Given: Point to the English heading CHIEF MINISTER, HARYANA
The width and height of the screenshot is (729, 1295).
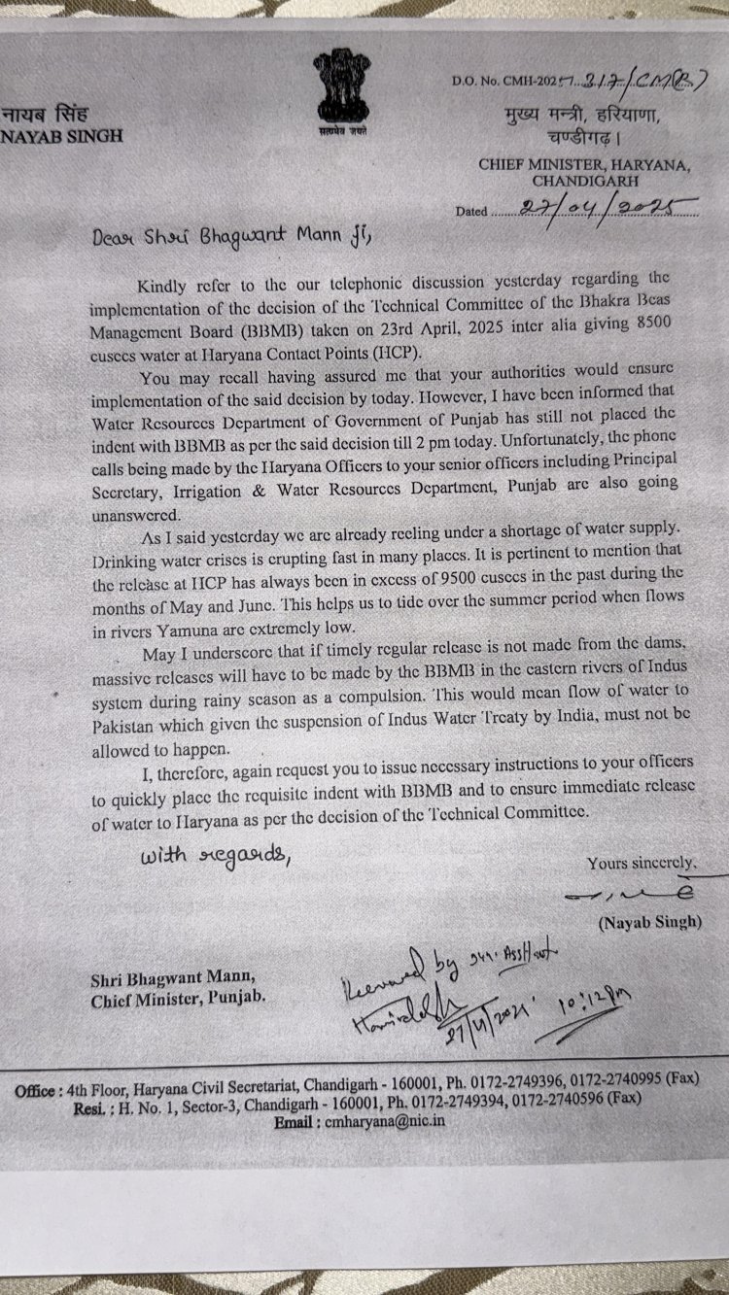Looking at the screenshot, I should [584, 164].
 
